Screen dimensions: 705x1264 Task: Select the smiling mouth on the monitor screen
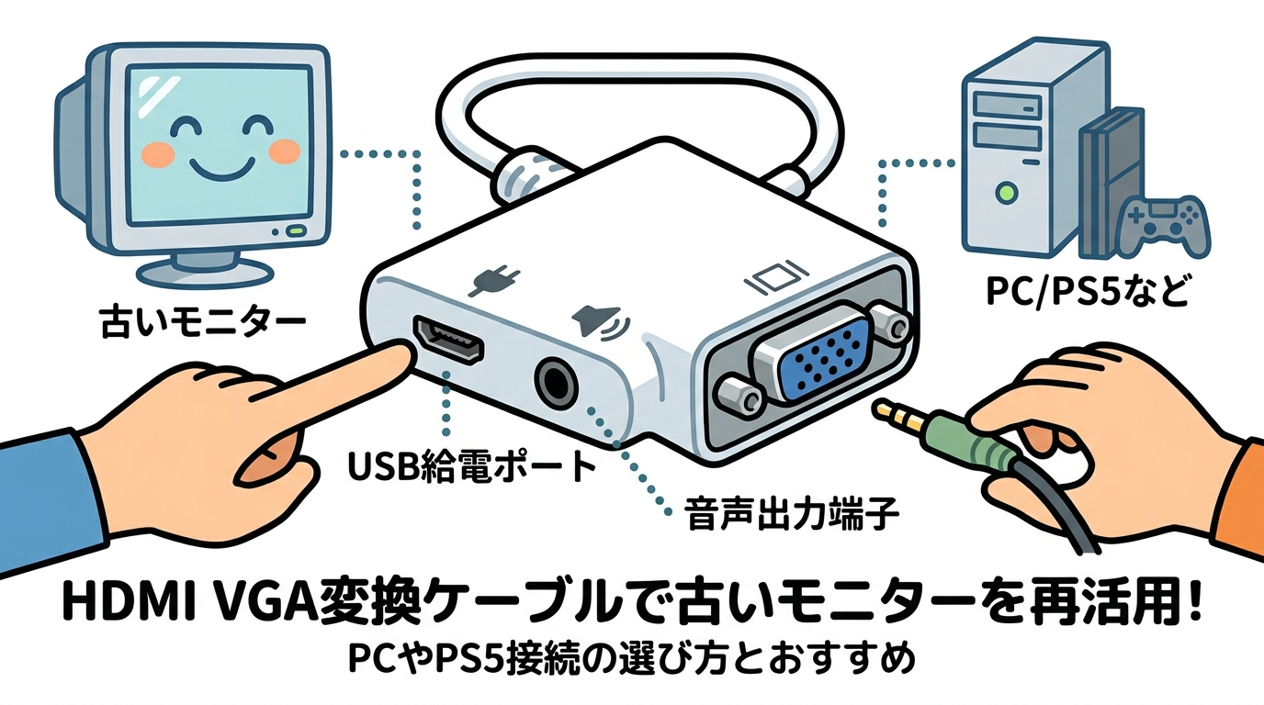(x=218, y=166)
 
